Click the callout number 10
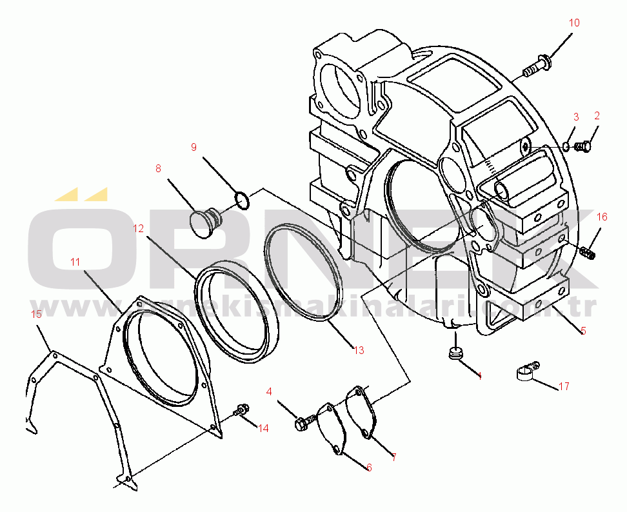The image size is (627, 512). [574, 23]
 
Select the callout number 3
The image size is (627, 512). [576, 117]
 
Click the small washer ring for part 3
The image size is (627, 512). [566, 147]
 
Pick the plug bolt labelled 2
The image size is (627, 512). [584, 147]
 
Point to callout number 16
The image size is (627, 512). [602, 217]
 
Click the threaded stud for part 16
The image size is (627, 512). [587, 252]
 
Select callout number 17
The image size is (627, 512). [564, 387]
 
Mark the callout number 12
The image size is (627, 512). [139, 228]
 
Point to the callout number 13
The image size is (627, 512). [359, 350]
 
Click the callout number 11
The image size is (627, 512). [75, 262]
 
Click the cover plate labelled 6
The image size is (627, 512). [333, 428]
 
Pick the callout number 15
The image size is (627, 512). [37, 314]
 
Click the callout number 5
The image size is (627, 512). [583, 331]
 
